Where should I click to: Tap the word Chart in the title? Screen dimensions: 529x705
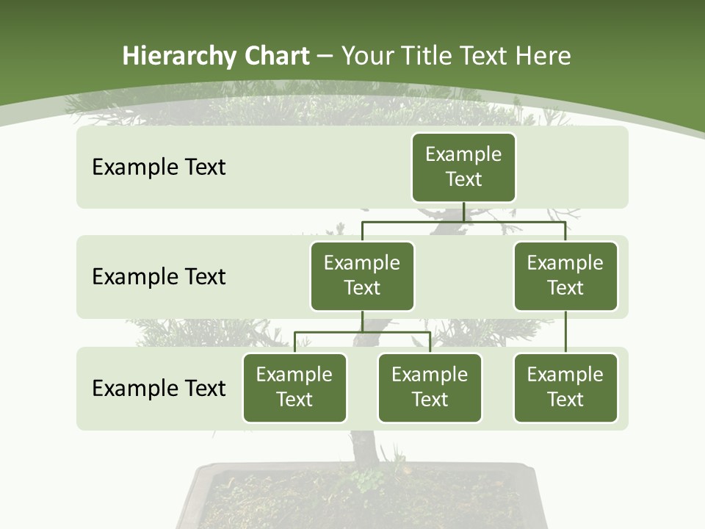pos(278,57)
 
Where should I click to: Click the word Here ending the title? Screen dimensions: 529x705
pos(543,57)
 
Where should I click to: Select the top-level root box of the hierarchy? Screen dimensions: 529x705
pos(463,168)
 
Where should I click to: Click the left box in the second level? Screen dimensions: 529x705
pos(362,276)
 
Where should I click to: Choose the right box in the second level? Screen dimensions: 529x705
pos(565,276)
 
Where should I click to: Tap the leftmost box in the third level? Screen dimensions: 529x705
pos(294,388)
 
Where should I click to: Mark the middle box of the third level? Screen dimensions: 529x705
pos(430,388)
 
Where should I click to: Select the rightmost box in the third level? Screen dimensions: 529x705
pos(565,388)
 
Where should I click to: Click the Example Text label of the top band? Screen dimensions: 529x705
pos(159,168)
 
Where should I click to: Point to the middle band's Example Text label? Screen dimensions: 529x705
pos(159,277)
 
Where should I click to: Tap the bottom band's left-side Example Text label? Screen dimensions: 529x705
pos(159,389)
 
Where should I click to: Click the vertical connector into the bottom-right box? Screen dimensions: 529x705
pos(565,332)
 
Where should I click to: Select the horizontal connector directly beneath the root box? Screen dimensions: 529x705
pos(463,221)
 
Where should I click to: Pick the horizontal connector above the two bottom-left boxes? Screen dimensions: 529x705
pos(362,332)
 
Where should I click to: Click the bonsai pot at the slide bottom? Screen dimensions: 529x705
pos(360,500)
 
